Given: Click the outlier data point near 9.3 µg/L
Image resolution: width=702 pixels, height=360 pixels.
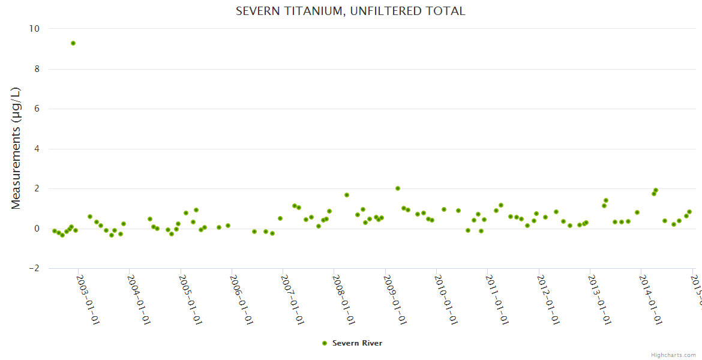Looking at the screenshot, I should [73, 43].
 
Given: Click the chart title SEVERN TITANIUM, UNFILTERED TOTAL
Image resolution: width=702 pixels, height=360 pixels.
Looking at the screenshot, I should [350, 11].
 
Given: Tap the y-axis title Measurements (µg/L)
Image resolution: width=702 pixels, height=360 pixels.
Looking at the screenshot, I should [16, 148].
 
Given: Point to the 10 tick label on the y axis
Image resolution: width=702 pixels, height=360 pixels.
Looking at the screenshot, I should [34, 29].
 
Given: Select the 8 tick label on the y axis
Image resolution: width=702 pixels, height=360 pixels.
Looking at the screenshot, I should [37, 69].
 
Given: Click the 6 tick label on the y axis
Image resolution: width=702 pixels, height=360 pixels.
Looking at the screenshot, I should [37, 109].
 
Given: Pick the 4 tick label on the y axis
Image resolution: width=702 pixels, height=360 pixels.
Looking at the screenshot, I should [37, 149].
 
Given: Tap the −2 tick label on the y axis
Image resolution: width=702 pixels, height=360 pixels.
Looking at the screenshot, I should [34, 268].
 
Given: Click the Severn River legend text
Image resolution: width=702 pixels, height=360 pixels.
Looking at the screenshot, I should [357, 343].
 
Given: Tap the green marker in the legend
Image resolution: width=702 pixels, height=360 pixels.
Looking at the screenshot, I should [325, 343].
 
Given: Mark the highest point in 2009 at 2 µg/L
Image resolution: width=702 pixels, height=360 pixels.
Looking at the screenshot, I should [398, 188].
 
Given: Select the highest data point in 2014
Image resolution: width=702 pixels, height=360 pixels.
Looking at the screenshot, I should [656, 190].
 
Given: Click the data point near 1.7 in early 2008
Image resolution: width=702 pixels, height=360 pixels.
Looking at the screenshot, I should [347, 195].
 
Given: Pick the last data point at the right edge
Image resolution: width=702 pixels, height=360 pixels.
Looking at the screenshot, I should [689, 212].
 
